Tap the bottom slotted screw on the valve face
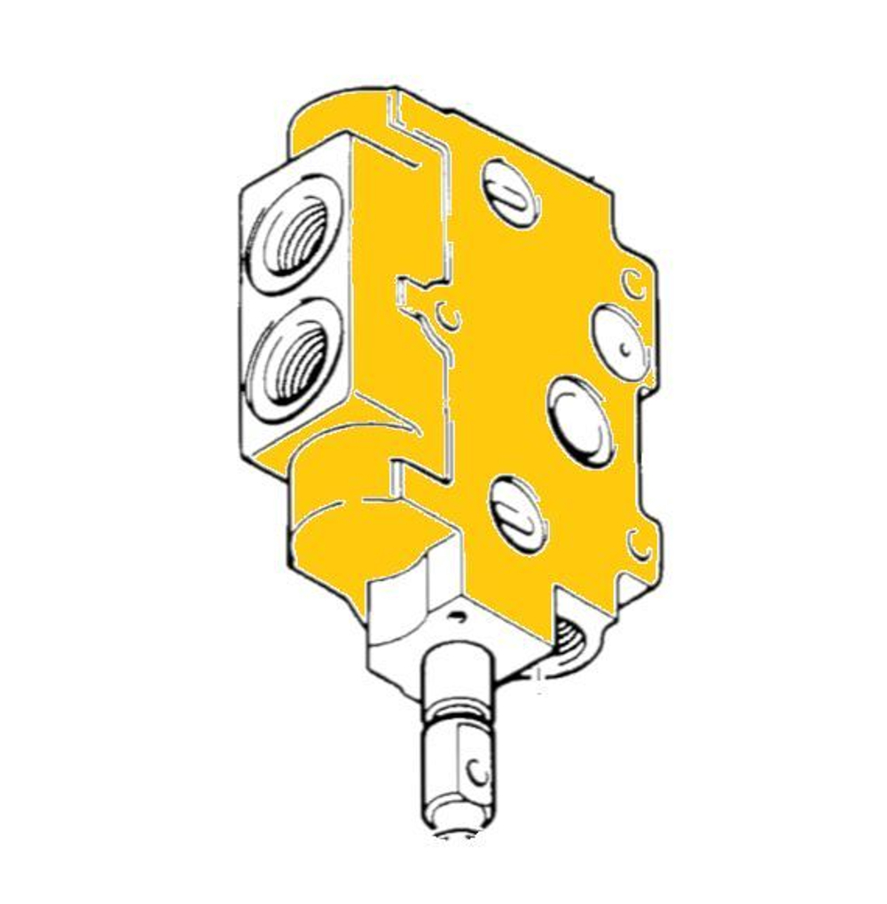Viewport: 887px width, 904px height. [x=519, y=514]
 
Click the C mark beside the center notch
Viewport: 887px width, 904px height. [x=450, y=312]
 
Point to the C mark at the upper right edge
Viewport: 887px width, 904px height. [x=632, y=282]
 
